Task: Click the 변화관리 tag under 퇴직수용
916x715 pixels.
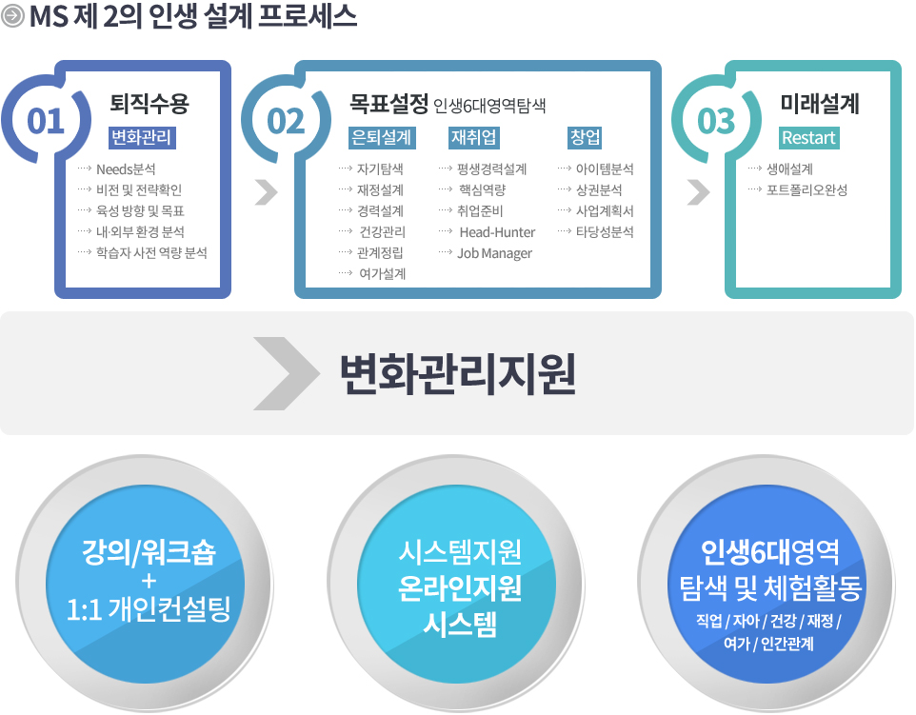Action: click(x=142, y=138)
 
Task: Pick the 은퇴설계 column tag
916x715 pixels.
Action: click(x=382, y=138)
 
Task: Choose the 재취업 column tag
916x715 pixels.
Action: click(x=474, y=138)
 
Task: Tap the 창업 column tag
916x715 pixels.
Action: click(x=585, y=138)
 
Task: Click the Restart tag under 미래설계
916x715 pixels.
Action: click(x=809, y=138)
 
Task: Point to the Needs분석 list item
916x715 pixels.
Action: click(x=126, y=169)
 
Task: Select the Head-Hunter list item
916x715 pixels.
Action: click(x=497, y=232)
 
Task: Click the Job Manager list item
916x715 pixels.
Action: click(x=495, y=253)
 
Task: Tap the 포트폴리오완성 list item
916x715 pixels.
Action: click(x=806, y=190)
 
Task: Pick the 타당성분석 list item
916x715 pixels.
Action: click(x=605, y=232)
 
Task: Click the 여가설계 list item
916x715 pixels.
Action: click(x=383, y=274)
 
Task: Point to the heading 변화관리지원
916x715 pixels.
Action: click(x=458, y=374)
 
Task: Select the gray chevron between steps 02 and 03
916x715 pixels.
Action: click(x=698, y=192)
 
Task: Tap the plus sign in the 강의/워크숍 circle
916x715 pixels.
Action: click(x=149, y=581)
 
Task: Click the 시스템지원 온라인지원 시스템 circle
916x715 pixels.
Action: click(x=456, y=585)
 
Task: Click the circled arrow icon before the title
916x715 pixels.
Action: click(x=12, y=16)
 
